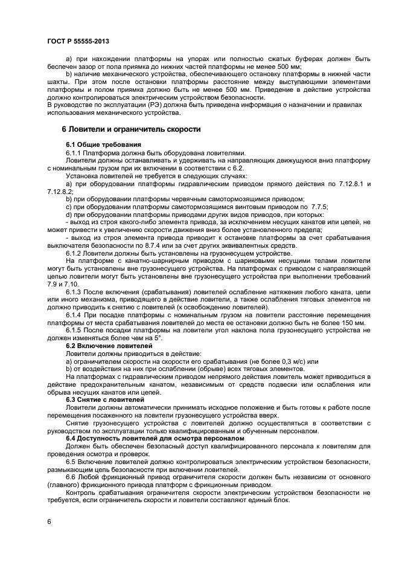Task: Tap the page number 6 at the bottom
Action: pos(49,520)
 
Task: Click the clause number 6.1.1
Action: pos(74,153)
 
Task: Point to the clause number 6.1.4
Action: pos(74,315)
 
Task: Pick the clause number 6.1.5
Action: pos(74,331)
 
